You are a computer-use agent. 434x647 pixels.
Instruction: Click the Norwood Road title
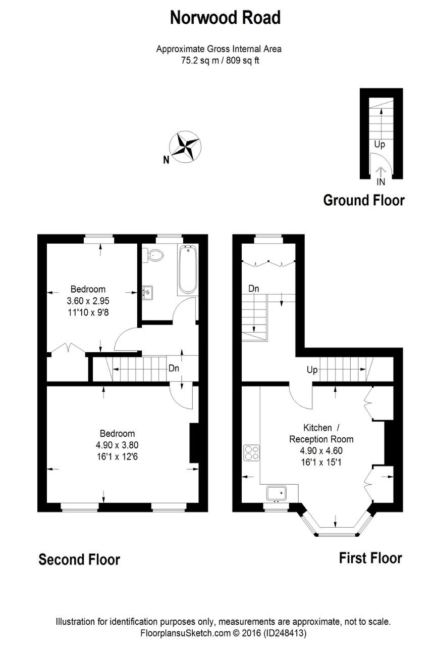point(225,18)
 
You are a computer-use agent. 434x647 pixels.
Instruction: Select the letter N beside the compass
point(166,161)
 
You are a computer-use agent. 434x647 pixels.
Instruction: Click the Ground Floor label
point(363,200)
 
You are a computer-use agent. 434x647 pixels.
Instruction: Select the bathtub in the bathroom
point(188,270)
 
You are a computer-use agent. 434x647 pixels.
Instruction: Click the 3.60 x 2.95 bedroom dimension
point(88,301)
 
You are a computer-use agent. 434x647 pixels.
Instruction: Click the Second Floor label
point(79,560)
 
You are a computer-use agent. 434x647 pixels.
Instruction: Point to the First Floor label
point(370,558)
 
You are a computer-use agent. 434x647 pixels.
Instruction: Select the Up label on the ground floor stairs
point(379,145)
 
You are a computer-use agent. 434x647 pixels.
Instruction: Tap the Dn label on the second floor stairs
point(174,368)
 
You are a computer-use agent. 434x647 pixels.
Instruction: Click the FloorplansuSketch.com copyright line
point(223,632)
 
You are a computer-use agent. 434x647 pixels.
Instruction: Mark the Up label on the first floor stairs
point(312,370)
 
